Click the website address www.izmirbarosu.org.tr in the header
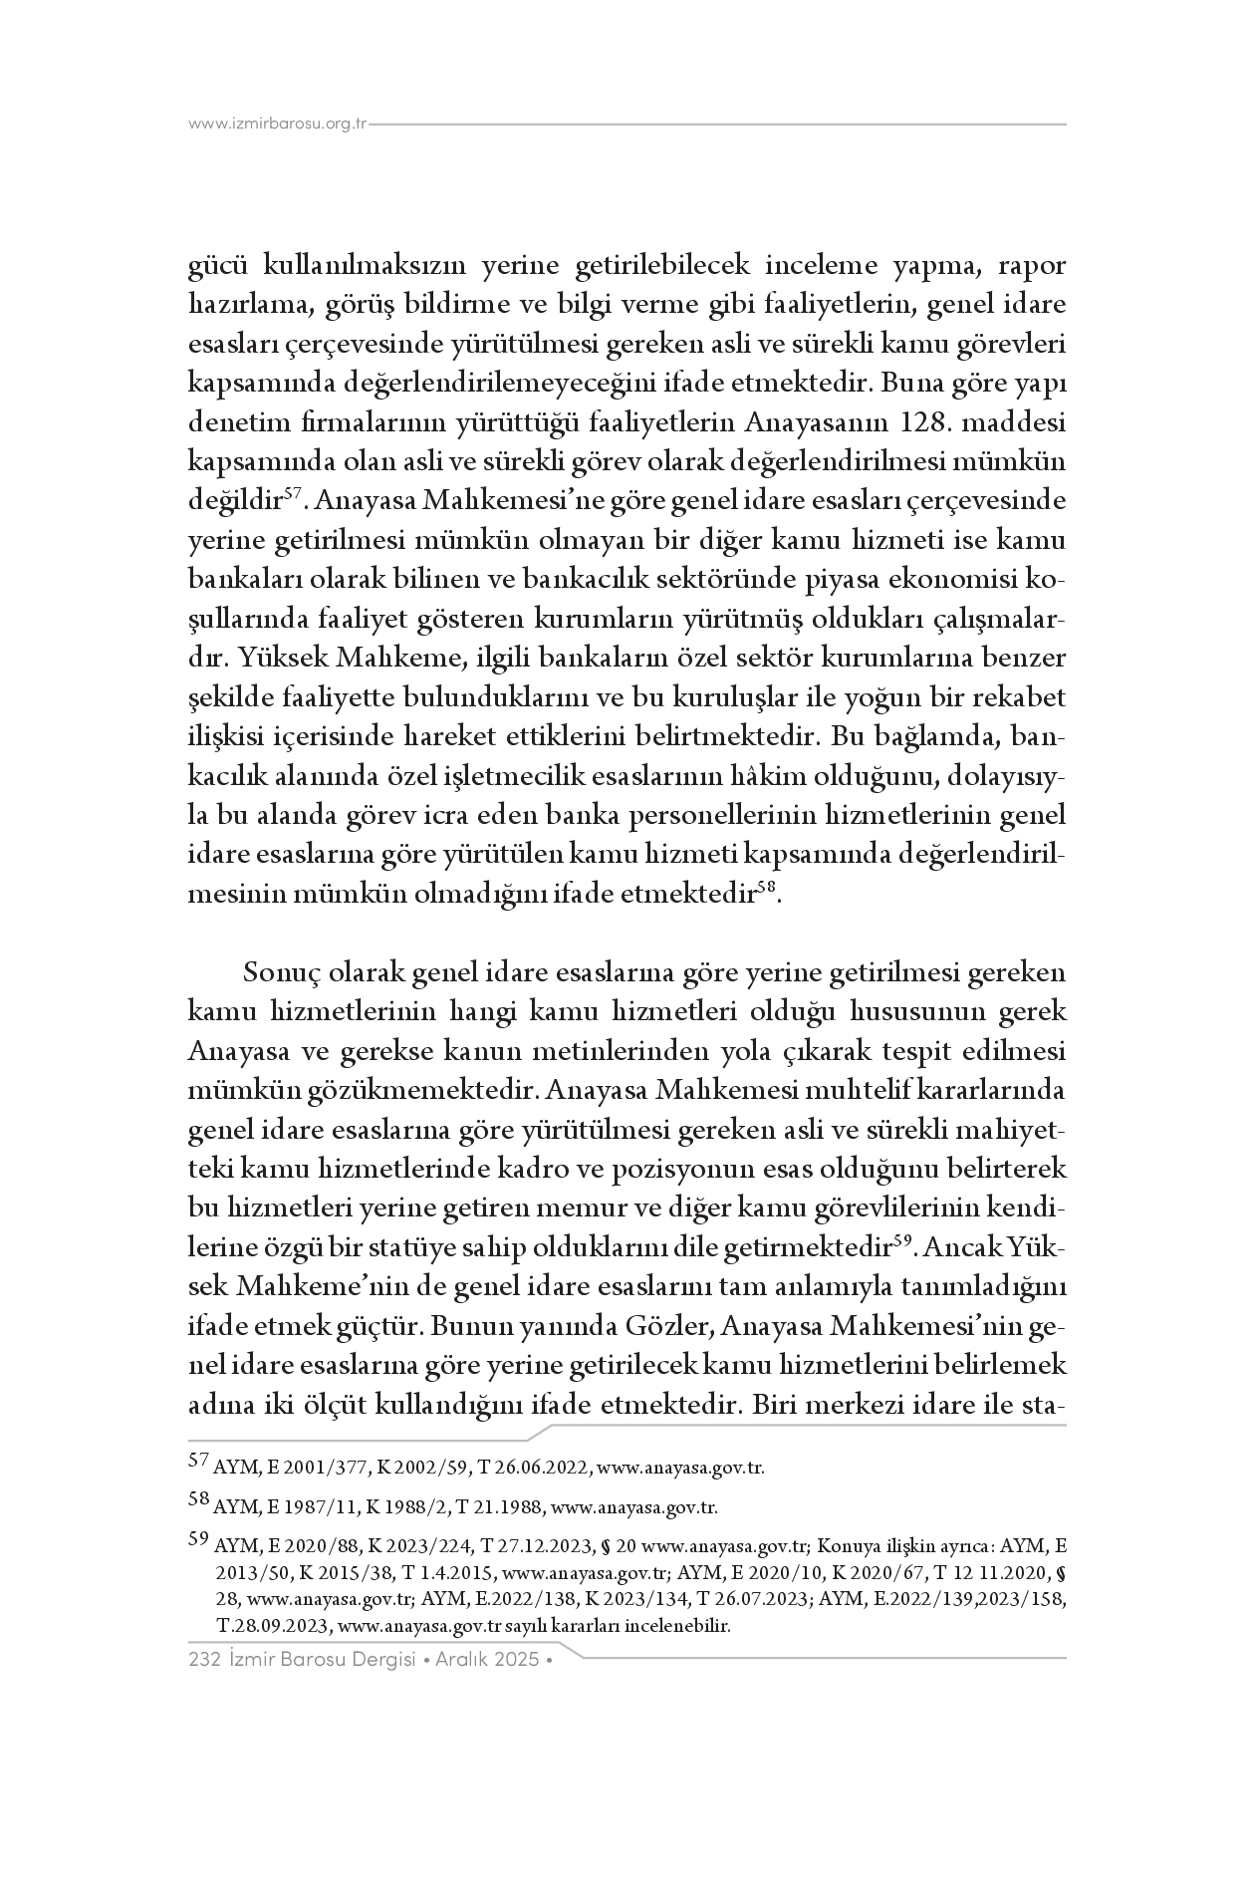278,125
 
